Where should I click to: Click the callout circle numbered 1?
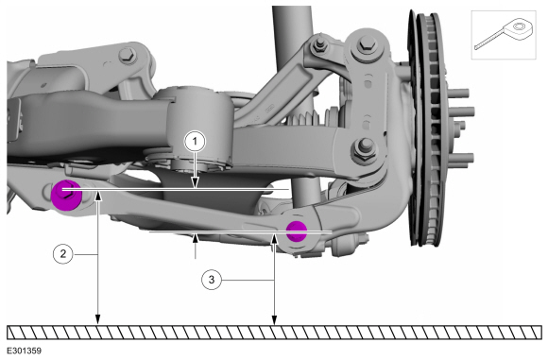click(x=195, y=141)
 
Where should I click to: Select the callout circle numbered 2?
click(x=63, y=254)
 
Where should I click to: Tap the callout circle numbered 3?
click(x=212, y=280)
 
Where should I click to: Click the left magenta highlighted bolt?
click(x=66, y=195)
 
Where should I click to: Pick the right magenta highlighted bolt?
click(x=297, y=231)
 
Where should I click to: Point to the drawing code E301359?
click(x=24, y=351)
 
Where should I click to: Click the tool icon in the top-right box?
click(x=504, y=34)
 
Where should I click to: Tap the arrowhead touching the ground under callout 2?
click(x=98, y=319)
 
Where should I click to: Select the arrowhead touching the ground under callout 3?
click(x=274, y=319)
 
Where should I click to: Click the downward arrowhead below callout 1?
click(x=195, y=182)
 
